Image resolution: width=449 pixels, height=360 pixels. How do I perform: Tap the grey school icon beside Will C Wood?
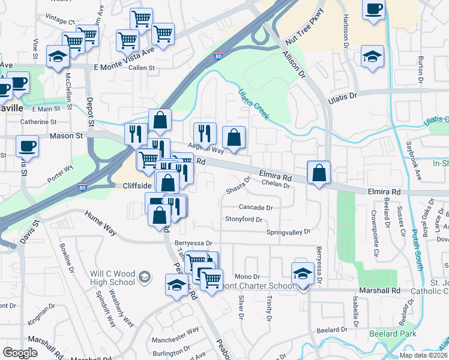click(144, 277)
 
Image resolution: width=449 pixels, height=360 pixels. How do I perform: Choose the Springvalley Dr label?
click(289, 232)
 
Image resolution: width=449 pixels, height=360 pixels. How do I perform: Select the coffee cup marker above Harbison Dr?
click(373, 10)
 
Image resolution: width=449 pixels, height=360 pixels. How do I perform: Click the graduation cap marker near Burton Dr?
click(372, 57)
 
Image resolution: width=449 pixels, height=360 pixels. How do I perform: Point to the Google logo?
click(20, 353)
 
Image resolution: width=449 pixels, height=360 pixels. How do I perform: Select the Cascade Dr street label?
click(256, 208)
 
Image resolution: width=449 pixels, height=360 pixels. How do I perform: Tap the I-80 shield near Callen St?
click(217, 56)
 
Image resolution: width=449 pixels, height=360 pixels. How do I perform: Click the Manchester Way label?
click(175, 331)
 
